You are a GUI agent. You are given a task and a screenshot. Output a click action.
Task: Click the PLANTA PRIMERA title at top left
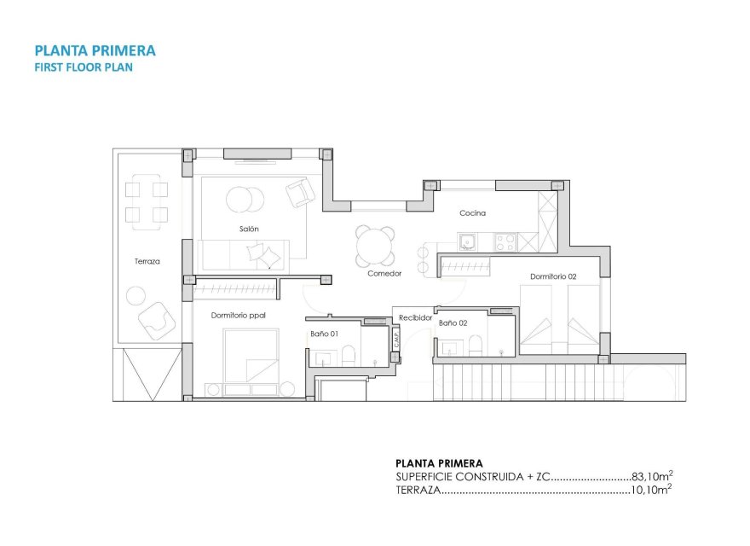(x=94, y=50)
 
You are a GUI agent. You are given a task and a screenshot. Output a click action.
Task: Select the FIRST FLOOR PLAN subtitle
(x=83, y=67)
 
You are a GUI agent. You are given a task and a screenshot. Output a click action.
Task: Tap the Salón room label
(x=249, y=229)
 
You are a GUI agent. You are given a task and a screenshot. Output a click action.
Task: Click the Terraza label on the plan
(x=147, y=261)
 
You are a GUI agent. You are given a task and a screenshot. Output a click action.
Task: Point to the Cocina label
(x=472, y=213)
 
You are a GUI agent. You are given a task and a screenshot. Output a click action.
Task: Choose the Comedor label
(x=384, y=274)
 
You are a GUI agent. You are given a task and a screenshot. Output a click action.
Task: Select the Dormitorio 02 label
(x=553, y=276)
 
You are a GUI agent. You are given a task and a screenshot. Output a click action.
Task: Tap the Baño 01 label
(x=325, y=334)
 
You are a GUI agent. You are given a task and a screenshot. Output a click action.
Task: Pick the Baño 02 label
(x=453, y=323)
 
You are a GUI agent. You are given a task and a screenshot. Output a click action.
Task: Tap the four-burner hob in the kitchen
(x=506, y=242)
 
